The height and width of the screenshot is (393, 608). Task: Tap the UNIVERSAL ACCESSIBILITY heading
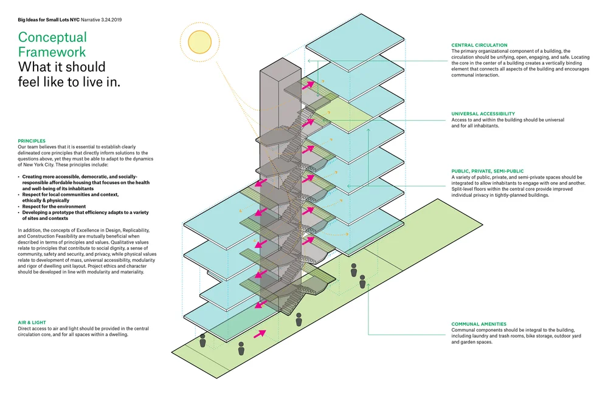click(483, 114)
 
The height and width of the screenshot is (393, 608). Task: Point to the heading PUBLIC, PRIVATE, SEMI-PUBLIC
click(488, 171)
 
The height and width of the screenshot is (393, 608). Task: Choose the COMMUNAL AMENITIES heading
click(478, 324)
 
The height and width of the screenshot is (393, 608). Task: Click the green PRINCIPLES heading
click(32, 141)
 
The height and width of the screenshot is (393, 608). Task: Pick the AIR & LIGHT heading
click(32, 323)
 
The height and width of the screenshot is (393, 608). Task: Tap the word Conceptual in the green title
click(52, 38)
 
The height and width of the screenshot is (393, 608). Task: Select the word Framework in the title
click(52, 52)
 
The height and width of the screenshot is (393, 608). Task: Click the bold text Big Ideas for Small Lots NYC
click(49, 19)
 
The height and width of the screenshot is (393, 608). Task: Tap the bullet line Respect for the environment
click(54, 207)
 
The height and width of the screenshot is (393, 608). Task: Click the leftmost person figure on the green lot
click(202, 342)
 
